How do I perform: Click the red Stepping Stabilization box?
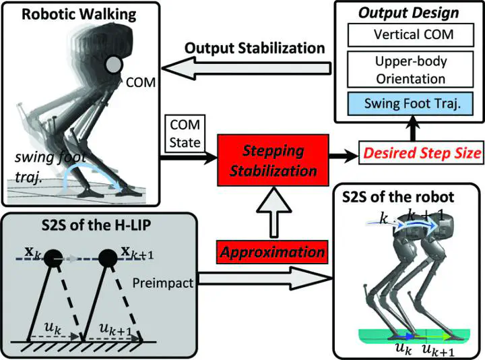(273, 160)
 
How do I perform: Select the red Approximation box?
(272, 252)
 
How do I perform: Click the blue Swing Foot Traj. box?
(410, 104)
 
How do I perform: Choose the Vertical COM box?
(411, 34)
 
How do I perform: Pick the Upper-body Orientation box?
(410, 69)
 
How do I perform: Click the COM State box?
(185, 133)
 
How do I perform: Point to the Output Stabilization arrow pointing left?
(247, 68)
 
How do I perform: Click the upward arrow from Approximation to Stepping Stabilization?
(273, 212)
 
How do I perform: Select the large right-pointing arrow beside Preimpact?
(265, 278)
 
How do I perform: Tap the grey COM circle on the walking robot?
(114, 65)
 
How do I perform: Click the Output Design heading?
(409, 13)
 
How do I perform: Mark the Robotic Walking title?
(79, 14)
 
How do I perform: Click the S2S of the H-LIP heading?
(96, 225)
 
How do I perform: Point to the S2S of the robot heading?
(398, 197)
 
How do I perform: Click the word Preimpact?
(163, 283)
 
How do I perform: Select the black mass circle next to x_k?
(53, 258)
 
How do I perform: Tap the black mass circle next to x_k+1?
(108, 258)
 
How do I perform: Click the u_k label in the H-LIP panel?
(53, 328)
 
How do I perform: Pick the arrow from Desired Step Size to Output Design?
(413, 129)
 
